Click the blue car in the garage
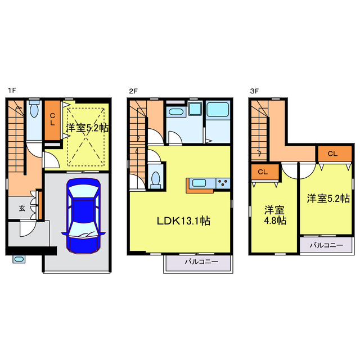84,215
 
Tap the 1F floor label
12,91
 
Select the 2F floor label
133,91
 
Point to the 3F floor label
254,91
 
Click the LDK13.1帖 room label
183,221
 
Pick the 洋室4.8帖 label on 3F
275,215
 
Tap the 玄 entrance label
22,208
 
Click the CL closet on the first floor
52,120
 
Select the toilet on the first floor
34,109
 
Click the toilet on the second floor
156,180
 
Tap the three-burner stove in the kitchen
223,183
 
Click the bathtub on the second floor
218,110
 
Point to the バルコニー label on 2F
201,262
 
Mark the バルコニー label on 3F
326,245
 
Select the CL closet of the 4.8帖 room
265,172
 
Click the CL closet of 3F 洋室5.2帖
335,154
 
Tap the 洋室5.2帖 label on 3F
328,199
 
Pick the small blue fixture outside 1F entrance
19,259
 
